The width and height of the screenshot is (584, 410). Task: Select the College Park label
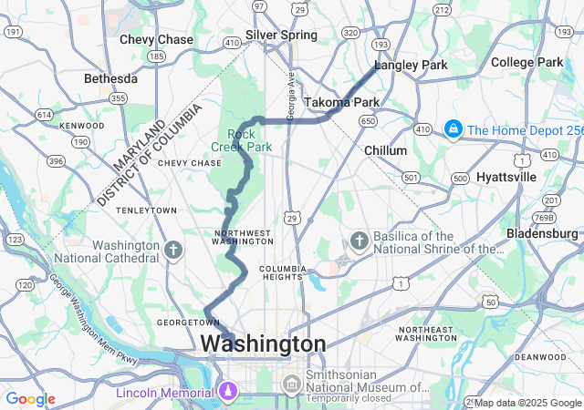pos(527,62)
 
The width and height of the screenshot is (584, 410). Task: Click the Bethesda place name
pos(110,78)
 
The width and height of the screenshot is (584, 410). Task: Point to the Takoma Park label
pos(341,102)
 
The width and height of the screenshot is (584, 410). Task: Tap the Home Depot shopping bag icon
pos(452,129)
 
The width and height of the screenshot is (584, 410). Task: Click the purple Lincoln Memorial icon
pos(228,393)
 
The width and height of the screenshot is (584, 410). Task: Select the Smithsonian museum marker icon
pos(291,384)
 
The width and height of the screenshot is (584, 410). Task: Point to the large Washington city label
pos(262,344)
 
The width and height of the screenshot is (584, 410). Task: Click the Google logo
pos(30,399)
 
